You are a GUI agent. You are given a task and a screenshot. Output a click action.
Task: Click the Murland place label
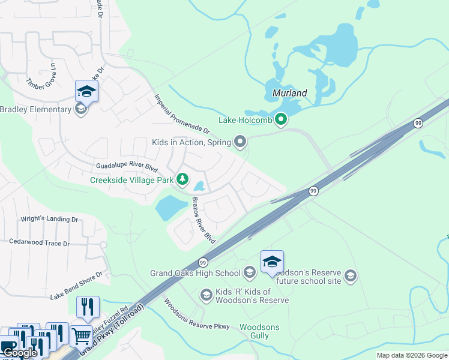pos(289,93)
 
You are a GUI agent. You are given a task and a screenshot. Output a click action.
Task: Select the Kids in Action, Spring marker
pos(241,142)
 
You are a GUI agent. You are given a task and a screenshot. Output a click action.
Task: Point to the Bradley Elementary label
pos(35,109)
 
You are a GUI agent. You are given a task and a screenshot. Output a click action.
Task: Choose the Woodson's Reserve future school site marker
pos(351,276)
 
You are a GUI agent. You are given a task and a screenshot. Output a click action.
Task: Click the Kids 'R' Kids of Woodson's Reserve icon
pos(206,295)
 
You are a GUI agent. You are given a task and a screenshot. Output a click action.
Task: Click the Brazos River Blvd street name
pos(203,220)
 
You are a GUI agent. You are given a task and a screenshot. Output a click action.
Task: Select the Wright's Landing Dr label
pos(50,220)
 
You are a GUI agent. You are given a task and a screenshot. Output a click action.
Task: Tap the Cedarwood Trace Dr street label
pos(40,243)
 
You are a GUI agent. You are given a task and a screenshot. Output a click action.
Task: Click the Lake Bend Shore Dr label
pos(76,285)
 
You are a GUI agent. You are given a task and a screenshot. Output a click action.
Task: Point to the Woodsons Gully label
pos(259,331)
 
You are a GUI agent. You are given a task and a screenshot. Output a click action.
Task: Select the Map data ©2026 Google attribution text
pos(411,355)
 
